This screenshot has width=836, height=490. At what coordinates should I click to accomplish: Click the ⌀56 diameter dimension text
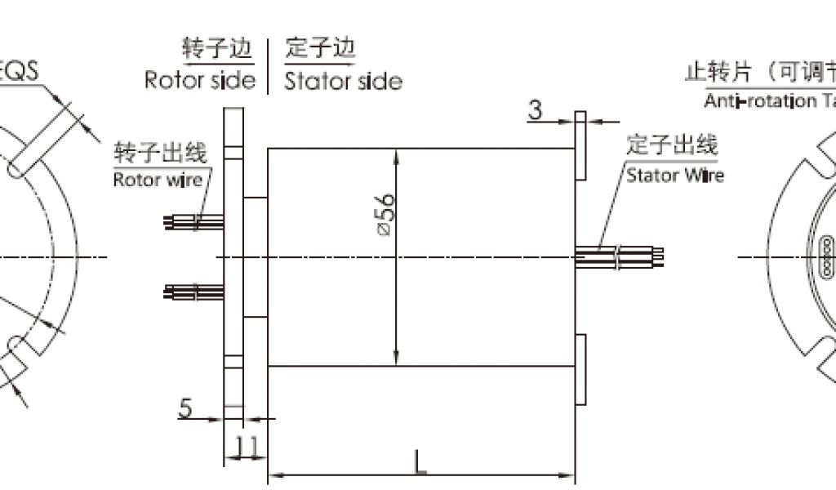386,215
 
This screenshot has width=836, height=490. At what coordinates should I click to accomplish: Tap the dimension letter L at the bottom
420,462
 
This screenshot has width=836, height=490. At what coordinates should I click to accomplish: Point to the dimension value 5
186,407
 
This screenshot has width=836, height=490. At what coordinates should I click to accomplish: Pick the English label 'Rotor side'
199,80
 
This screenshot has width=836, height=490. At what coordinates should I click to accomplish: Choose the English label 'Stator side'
343,81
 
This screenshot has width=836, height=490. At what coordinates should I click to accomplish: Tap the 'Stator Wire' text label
674,175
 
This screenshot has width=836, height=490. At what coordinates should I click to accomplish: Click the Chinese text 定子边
321,51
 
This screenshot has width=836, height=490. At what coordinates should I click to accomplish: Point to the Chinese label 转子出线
161,153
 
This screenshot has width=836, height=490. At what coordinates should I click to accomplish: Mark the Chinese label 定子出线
672,146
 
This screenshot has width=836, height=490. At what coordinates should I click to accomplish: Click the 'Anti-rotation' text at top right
759,101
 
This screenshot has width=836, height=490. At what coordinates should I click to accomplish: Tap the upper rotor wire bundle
194,221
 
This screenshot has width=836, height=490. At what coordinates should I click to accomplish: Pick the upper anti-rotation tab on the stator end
581,145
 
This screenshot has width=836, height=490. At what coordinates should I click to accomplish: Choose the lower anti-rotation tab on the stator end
581,370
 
